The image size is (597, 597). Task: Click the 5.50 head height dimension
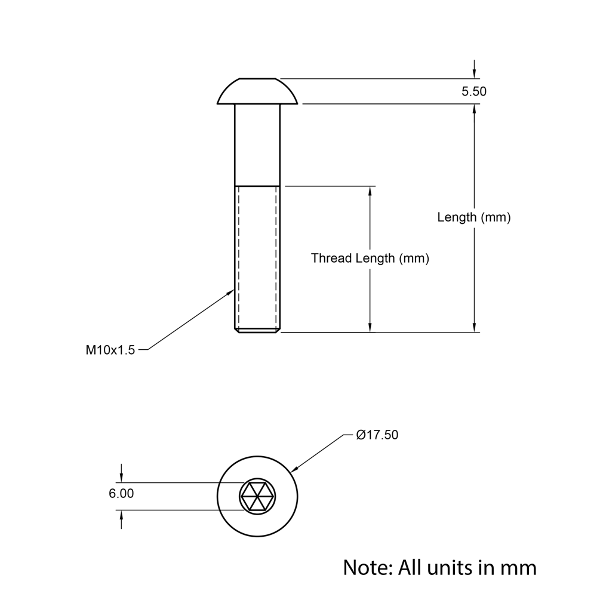point(474,91)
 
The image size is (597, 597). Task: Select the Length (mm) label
point(474,217)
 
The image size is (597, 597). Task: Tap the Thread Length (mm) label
point(370,259)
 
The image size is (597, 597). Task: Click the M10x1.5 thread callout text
point(110,350)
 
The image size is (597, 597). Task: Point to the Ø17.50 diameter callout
point(377,435)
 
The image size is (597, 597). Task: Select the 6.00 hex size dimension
point(121,494)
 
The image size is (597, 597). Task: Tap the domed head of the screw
point(257,91)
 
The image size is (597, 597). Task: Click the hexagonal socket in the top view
point(257,496)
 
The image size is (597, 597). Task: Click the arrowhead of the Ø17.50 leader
point(294,470)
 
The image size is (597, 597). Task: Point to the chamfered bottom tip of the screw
point(257,330)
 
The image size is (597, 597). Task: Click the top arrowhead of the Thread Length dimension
point(370,191)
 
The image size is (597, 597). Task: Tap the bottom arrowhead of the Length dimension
point(474,327)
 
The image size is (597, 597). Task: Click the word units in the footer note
point(453,567)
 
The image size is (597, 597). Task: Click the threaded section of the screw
point(257,257)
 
